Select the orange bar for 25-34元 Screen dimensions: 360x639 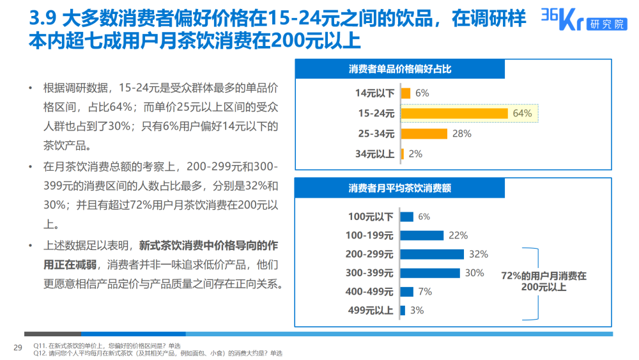[x=424, y=134]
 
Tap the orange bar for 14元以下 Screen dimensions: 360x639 [x=405, y=93]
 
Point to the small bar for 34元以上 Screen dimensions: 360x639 [x=402, y=154]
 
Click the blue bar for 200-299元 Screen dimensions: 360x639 [x=432, y=254]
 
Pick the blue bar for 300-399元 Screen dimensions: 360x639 [x=430, y=273]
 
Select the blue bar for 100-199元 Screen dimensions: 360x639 [x=422, y=235]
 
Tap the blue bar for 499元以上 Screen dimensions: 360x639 [x=403, y=310]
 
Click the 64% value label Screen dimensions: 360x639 [x=522, y=113]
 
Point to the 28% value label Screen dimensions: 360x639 [x=461, y=134]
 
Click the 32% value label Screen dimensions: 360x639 [x=478, y=254]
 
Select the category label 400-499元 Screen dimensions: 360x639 [x=369, y=292]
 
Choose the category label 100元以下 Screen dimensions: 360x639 [x=371, y=217]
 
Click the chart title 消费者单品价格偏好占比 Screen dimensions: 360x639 [x=400, y=69]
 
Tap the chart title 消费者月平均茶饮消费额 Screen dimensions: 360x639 [x=400, y=188]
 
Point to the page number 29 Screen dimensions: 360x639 [x=18, y=347]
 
